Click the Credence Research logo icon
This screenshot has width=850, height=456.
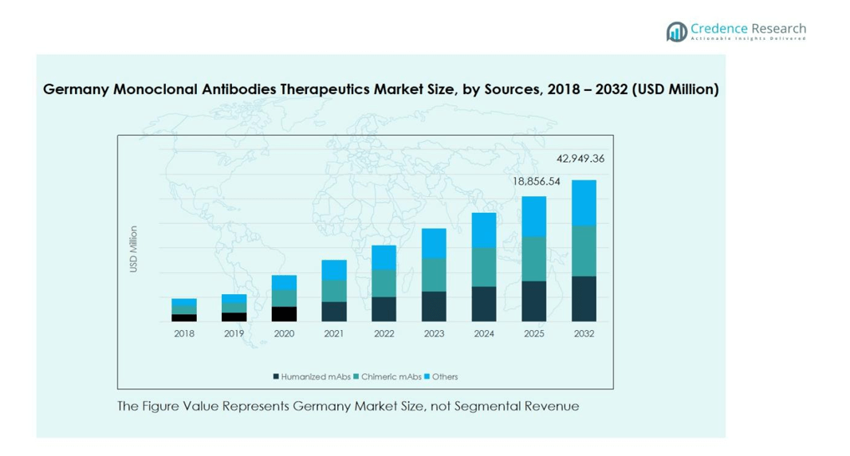pos(677,32)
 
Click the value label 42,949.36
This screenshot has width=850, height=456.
pos(580,159)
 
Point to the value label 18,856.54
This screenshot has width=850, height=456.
pos(536,182)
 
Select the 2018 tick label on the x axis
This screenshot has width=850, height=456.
pos(184,333)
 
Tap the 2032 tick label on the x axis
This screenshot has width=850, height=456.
pos(584,333)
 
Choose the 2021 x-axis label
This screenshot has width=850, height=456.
pos(334,333)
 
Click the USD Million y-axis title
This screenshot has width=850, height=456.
pos(134,249)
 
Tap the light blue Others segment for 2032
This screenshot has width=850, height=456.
pos(584,203)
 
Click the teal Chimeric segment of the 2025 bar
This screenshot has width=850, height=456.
pos(534,258)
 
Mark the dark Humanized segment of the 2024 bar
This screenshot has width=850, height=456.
pos(484,304)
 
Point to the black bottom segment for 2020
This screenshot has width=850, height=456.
pos(284,314)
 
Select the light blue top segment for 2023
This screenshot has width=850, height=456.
pos(434,243)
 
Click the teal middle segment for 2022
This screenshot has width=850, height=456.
pos(384,284)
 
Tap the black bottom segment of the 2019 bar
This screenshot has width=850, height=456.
pos(234,317)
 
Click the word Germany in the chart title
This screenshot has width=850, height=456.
pos(76,89)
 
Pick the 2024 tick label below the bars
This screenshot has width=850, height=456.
pos(484,333)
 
